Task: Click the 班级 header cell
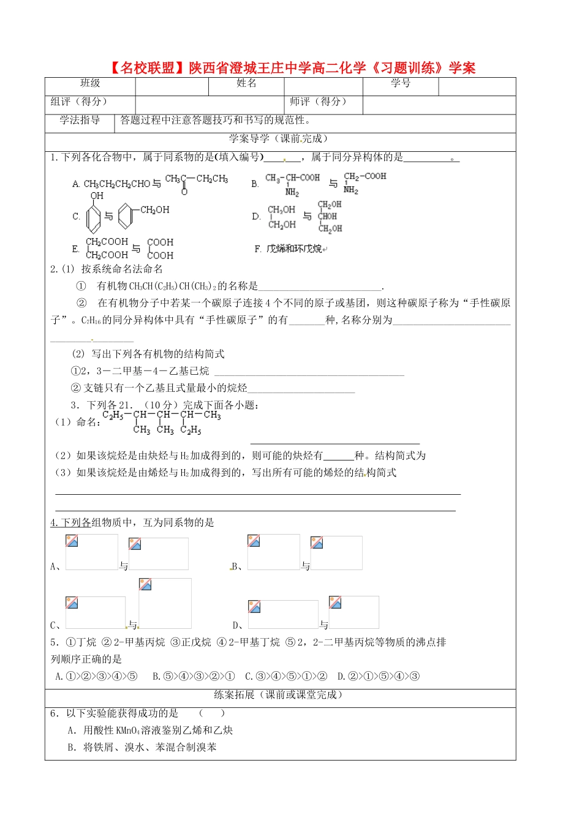tap(90, 84)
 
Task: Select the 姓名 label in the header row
tap(246, 84)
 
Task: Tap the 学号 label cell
tap(401, 84)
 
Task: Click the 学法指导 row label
tap(80, 120)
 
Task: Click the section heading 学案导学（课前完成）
tap(279, 139)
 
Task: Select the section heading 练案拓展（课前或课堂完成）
tap(279, 694)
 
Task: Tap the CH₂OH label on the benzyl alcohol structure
tap(154, 210)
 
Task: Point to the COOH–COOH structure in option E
tap(160, 249)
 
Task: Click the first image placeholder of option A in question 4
tap(91, 552)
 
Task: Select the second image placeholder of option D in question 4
tap(353, 612)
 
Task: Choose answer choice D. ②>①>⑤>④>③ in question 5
tap(378, 676)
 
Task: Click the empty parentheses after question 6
tap(212, 713)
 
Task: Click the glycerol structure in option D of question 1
tap(330, 217)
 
